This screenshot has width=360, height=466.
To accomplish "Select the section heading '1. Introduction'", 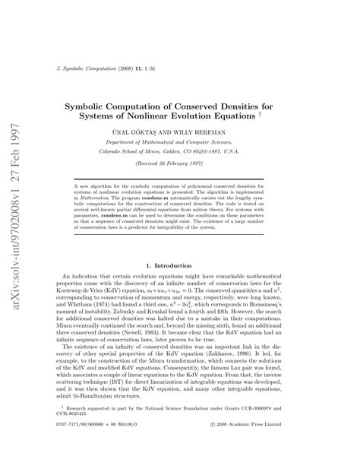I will click(x=180, y=243).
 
